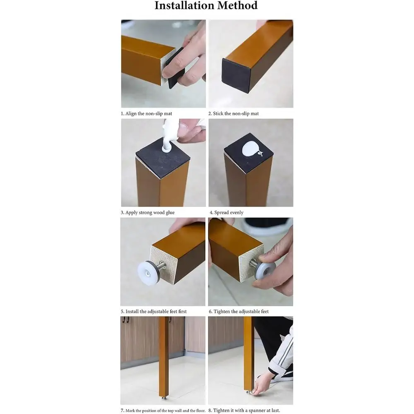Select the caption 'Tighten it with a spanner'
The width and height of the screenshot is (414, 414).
click(x=244, y=411)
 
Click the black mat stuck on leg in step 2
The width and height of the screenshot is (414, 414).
click(x=236, y=75)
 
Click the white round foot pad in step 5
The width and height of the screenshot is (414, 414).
click(x=147, y=273)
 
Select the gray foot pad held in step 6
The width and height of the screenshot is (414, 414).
click(x=265, y=272)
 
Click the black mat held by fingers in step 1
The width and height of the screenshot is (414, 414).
click(x=175, y=69)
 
